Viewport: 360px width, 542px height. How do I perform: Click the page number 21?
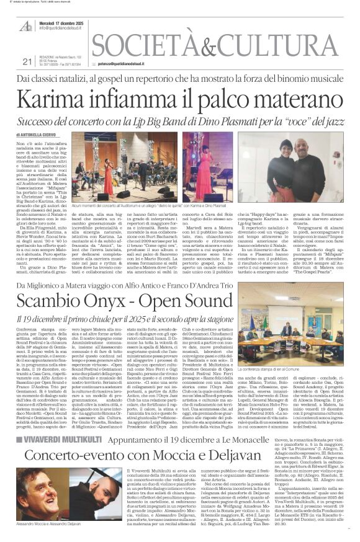tap(26, 61)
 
